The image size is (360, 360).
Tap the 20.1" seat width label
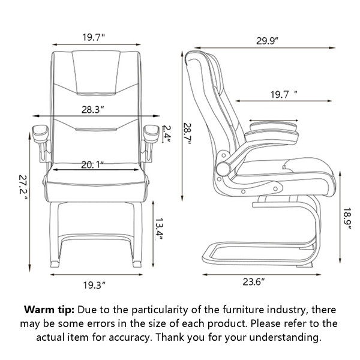point(92,164)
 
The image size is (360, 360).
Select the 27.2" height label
point(23,187)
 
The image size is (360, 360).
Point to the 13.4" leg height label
point(159,229)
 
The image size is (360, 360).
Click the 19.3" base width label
point(94,285)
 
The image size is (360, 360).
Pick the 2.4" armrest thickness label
point(167,134)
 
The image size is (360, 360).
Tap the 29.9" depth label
point(267,41)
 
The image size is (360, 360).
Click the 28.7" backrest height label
point(187,134)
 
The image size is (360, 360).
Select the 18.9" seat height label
point(347,218)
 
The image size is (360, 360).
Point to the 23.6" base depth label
point(254,281)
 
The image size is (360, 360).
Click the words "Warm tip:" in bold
point(49,310)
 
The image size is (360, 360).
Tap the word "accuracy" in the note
point(129,337)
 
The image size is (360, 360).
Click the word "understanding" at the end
point(285,337)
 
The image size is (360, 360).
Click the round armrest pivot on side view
point(223,169)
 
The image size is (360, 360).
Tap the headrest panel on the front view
point(96,73)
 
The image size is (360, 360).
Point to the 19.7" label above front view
point(94,37)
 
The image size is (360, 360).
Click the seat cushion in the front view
point(96,182)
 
